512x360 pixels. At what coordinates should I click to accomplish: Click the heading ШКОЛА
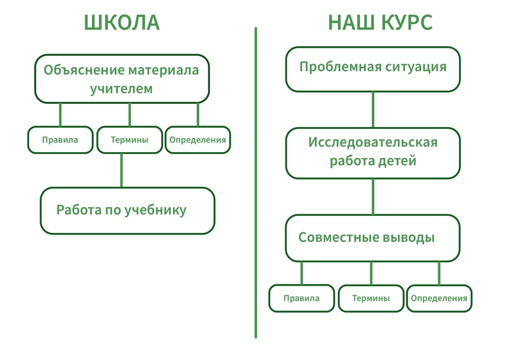(122, 23)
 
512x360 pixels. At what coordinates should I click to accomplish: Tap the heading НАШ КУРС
(380, 23)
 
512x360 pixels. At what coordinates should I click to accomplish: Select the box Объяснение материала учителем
(122, 79)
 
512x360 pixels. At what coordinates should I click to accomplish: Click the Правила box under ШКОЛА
(60, 140)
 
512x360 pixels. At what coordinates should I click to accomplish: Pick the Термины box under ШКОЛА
(129, 140)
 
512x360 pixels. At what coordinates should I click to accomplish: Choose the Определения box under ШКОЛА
(198, 140)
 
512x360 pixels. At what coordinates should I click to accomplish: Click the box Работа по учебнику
(128, 211)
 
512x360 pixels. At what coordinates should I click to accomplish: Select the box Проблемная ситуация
(373, 69)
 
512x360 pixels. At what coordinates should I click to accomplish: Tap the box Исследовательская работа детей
(373, 153)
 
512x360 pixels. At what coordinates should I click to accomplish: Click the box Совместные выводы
(372, 238)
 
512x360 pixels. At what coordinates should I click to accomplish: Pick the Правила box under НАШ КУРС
(302, 298)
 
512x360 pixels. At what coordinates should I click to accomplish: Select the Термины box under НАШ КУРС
(371, 298)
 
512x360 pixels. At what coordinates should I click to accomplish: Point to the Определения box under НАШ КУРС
(439, 298)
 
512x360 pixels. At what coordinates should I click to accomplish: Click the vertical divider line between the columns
(256, 183)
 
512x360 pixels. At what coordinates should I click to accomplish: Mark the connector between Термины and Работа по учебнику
(121, 170)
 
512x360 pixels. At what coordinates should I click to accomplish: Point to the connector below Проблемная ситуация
(373, 110)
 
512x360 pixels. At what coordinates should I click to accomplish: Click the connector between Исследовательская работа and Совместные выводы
(373, 196)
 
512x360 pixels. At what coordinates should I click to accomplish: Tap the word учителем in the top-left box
(121, 89)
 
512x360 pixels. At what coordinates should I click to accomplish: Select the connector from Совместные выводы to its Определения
(439, 274)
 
